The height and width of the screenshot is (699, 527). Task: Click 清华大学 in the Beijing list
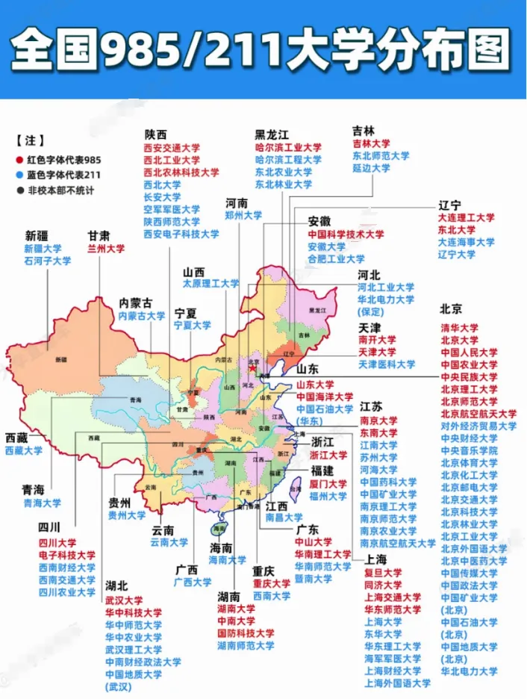click(x=459, y=328)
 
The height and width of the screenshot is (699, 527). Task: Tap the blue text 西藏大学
click(x=24, y=451)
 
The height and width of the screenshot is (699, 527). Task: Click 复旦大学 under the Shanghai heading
click(x=383, y=573)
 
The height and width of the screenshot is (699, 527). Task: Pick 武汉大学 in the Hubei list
click(x=124, y=600)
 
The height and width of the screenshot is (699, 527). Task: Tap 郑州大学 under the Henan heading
click(x=243, y=215)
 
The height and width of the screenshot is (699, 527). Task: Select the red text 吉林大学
click(x=371, y=143)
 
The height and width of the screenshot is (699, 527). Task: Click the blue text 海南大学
click(x=227, y=559)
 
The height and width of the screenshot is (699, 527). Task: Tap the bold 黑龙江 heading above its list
click(x=271, y=134)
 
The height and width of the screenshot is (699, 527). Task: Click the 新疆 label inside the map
click(x=60, y=360)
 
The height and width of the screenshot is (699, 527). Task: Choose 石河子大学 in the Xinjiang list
click(x=47, y=261)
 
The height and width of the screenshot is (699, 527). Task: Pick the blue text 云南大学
click(x=169, y=542)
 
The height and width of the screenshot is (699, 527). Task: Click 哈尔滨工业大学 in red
click(x=288, y=148)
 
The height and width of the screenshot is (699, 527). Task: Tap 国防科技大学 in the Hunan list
click(x=246, y=633)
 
